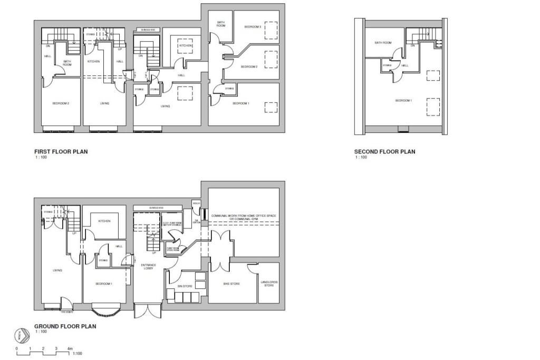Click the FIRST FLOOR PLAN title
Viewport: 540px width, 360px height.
tap(61, 152)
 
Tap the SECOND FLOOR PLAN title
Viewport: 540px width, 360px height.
tap(384, 152)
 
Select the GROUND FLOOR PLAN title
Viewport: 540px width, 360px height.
tap(65, 326)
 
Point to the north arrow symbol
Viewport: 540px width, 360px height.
tap(21, 335)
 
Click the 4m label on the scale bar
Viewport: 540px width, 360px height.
tap(70, 349)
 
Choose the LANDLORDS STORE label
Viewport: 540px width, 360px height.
tap(269, 284)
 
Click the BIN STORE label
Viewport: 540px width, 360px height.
tap(185, 285)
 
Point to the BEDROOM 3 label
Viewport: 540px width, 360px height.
tap(252, 26)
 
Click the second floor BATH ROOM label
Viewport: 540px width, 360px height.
tap(383, 43)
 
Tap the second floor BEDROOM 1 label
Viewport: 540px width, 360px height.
tap(403, 100)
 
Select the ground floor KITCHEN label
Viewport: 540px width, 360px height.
tap(104, 221)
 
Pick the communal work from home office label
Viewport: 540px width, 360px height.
tap(244, 217)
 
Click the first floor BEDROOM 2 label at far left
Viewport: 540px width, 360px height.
tap(61, 103)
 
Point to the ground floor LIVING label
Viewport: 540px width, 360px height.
tap(57, 270)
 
